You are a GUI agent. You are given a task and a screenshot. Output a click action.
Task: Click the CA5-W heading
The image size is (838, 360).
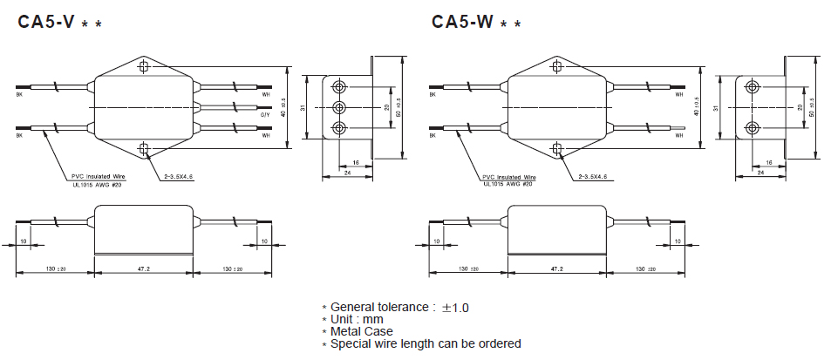pyautogui.click(x=462, y=22)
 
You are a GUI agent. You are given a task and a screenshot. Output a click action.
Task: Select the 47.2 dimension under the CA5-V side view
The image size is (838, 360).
pyautogui.click(x=143, y=270)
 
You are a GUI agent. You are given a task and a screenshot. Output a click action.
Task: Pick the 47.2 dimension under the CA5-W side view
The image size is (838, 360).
pyautogui.click(x=555, y=270)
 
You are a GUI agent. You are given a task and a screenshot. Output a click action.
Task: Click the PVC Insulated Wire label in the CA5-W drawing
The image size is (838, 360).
pyautogui.click(x=509, y=176)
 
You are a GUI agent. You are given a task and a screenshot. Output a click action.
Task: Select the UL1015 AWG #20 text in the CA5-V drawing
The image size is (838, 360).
pyautogui.click(x=97, y=183)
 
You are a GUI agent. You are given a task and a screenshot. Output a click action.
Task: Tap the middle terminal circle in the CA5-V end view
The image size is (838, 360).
pyautogui.click(x=339, y=106)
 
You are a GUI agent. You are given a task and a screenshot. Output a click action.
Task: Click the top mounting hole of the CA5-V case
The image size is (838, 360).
pyautogui.click(x=143, y=65)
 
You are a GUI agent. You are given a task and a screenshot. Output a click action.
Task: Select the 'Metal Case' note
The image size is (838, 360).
pyautogui.click(x=361, y=331)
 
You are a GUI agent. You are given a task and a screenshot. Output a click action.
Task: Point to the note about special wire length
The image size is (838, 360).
pyautogui.click(x=426, y=343)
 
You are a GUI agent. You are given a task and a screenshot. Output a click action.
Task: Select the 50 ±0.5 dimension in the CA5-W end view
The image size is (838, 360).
pyautogui.click(x=812, y=106)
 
